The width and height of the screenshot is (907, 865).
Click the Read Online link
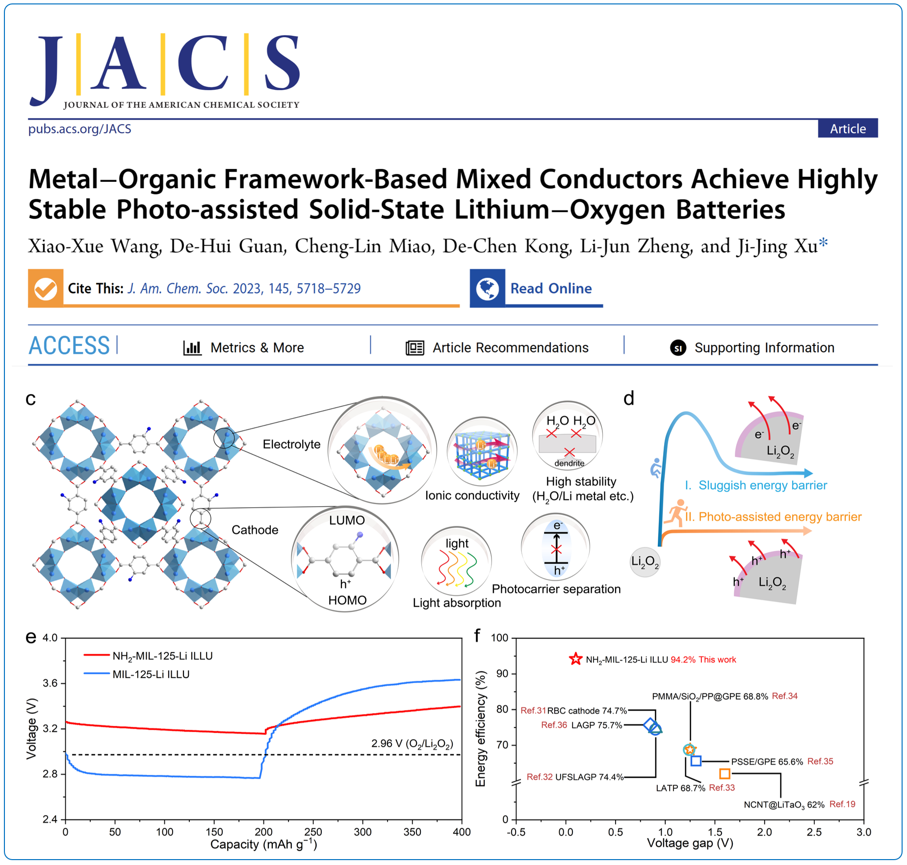550,288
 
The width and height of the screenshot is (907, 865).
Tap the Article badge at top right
847,129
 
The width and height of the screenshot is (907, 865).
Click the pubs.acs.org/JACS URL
79,129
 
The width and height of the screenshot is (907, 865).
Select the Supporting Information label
764,347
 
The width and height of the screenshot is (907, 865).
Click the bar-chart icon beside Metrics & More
192,347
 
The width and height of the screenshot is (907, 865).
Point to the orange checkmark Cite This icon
46,288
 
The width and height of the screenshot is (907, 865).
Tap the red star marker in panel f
575,659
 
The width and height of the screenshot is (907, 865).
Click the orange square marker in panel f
725,773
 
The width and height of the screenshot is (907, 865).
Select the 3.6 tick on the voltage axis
50,683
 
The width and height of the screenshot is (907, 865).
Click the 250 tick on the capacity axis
313,832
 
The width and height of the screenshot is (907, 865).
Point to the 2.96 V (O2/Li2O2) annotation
412,743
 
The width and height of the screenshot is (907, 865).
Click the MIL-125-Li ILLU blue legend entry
151,674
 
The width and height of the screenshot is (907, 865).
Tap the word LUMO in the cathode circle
347,520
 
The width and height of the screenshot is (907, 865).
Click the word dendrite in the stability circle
569,463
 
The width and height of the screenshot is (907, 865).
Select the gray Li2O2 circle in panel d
645,562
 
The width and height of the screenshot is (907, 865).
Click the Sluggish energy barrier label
762,485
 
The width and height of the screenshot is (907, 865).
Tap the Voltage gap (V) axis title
690,843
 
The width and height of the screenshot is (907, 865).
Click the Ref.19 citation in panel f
842,804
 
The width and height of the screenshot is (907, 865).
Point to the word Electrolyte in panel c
291,444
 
